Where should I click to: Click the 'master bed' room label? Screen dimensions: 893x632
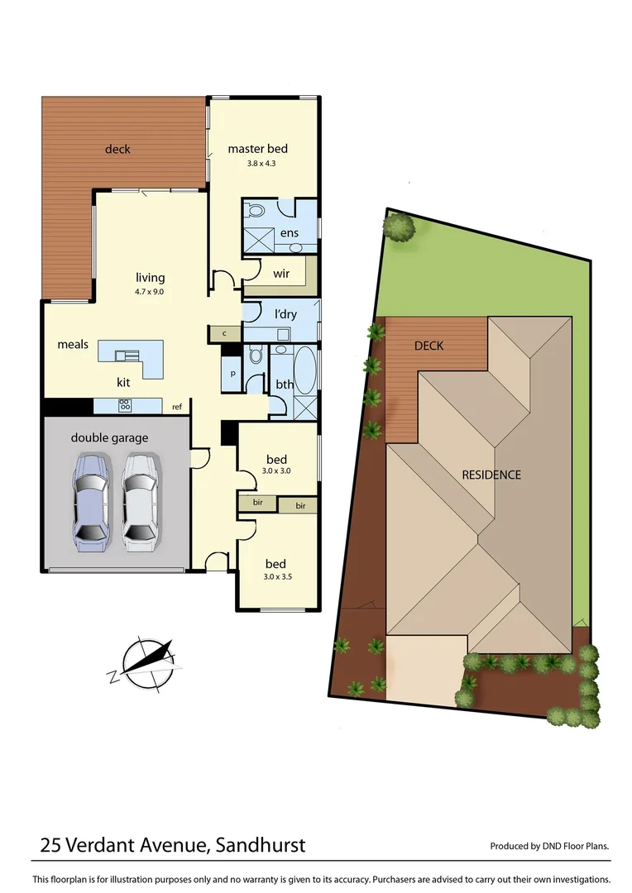click(257, 149)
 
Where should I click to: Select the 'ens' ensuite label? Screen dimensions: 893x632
click(289, 233)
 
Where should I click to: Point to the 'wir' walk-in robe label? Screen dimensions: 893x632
click(281, 274)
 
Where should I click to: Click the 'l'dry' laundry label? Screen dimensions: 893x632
click(285, 314)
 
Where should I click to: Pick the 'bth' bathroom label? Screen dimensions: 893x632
click(285, 384)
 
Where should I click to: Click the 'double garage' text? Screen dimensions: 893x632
click(109, 437)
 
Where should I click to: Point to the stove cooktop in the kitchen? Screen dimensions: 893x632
click(126, 405)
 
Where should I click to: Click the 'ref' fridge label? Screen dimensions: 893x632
click(177, 407)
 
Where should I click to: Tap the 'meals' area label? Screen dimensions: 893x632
click(73, 344)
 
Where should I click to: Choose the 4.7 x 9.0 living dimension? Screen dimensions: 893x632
click(151, 291)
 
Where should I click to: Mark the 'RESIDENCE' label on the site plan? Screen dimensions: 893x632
click(491, 475)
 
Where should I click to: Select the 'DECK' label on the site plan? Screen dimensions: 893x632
click(428, 346)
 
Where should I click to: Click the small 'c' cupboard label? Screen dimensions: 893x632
click(224, 333)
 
